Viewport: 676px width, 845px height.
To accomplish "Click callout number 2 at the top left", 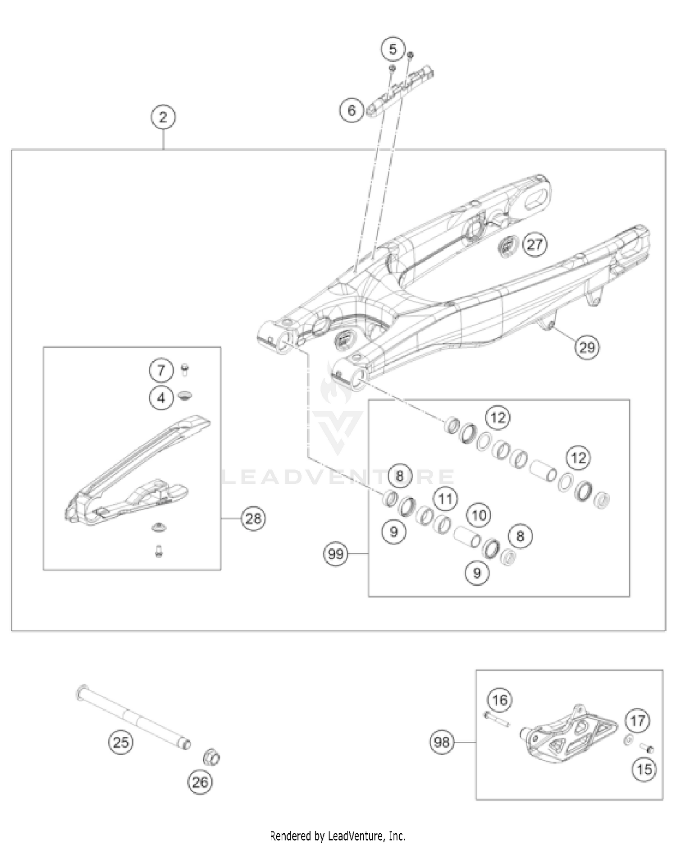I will pyautogui.click(x=163, y=117).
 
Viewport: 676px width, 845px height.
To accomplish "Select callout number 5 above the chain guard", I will pyautogui.click(x=393, y=49).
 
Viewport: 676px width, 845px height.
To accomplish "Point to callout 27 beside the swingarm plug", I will pyautogui.click(x=534, y=245).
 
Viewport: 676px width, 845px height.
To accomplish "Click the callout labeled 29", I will pyautogui.click(x=587, y=347).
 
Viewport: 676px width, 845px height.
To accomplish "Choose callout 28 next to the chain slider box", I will pyautogui.click(x=253, y=519).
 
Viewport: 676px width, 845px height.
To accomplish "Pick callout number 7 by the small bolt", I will pyautogui.click(x=161, y=371).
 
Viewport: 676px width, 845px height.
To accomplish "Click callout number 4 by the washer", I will pyautogui.click(x=161, y=398).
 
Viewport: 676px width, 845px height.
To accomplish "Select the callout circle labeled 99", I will pyautogui.click(x=336, y=554).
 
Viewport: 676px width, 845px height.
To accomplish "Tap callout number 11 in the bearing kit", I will pyautogui.click(x=445, y=499).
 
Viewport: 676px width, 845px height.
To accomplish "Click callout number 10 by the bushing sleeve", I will pyautogui.click(x=479, y=515).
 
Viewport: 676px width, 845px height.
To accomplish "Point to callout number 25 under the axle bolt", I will pyautogui.click(x=121, y=742).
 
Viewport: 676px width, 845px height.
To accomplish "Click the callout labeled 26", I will pyautogui.click(x=200, y=782).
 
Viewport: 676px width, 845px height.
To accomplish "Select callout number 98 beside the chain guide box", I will pyautogui.click(x=442, y=742).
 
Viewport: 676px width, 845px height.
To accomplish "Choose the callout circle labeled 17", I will pyautogui.click(x=637, y=721).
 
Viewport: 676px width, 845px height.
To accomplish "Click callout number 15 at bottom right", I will pyautogui.click(x=644, y=769).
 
